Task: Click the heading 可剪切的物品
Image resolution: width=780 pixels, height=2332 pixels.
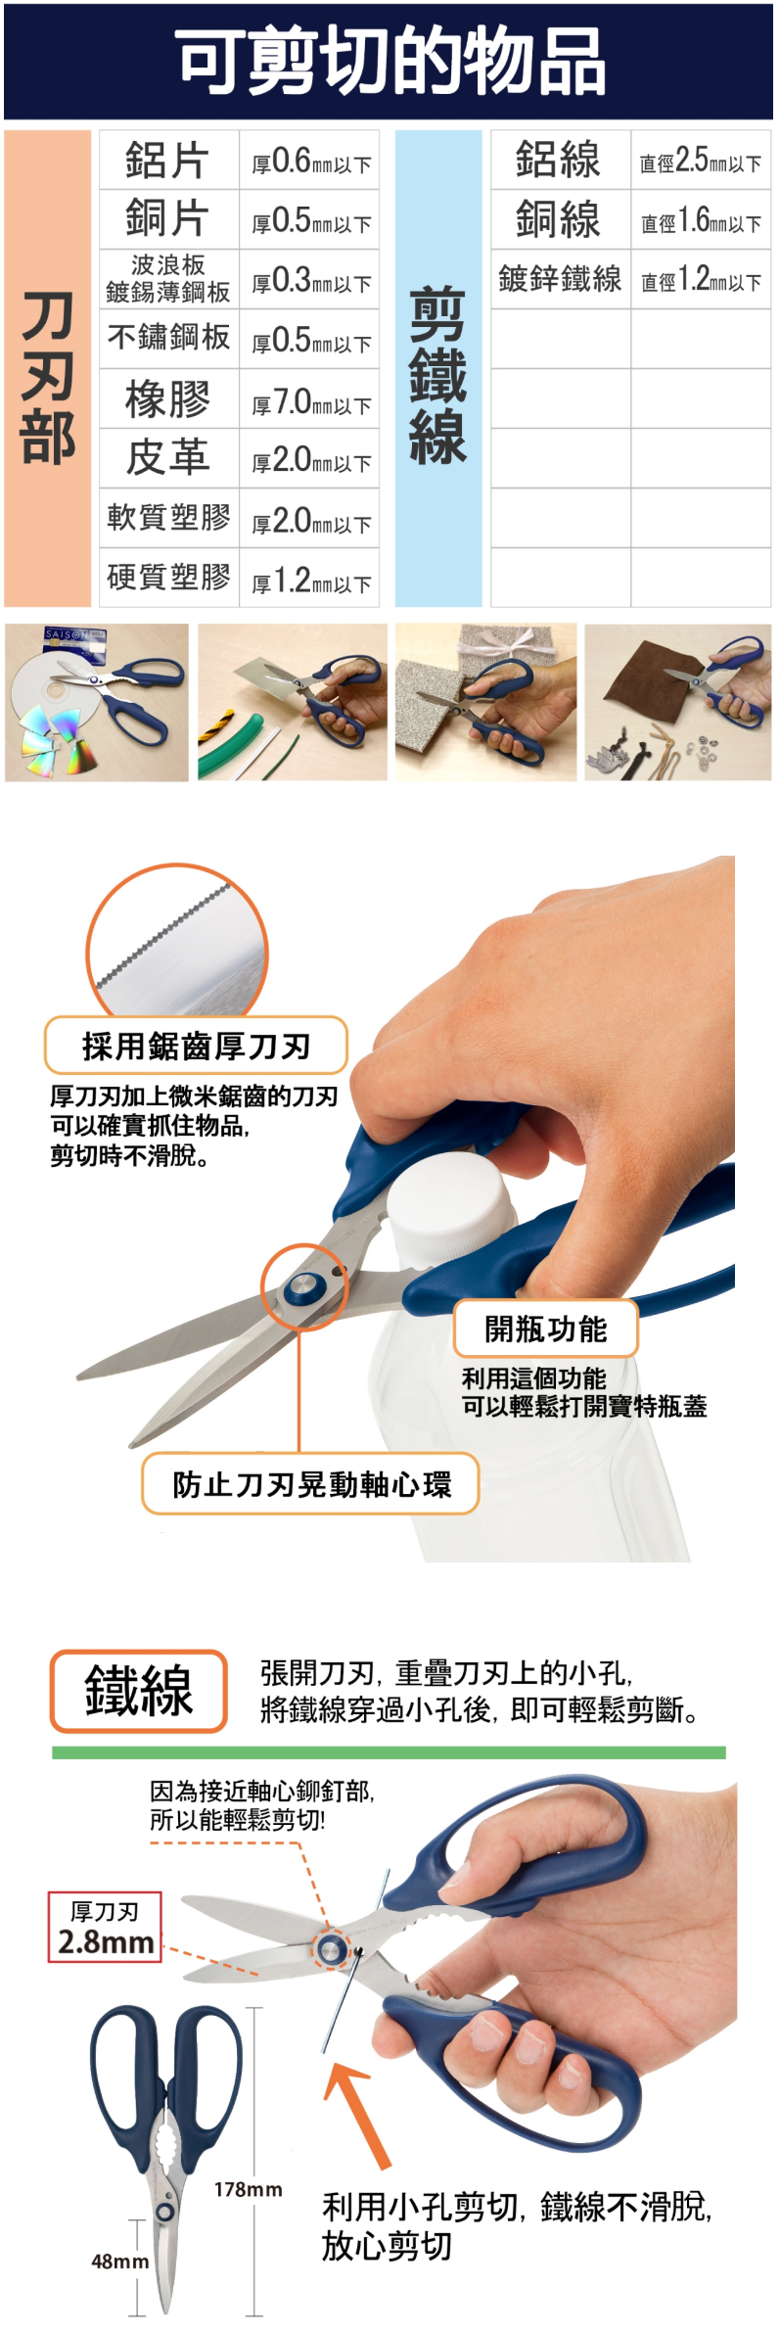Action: coord(390,61)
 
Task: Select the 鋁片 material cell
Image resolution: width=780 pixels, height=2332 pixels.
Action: coord(168,160)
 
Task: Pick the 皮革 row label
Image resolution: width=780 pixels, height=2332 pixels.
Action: coord(168,458)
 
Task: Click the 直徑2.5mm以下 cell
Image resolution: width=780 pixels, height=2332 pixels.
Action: coord(701,160)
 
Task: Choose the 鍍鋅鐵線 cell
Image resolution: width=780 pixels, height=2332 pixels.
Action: coord(560,280)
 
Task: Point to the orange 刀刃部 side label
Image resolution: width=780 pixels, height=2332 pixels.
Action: coord(48,368)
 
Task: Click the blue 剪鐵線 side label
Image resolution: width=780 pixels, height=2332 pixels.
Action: coord(437,368)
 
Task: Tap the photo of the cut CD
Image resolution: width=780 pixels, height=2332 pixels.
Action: coord(97,702)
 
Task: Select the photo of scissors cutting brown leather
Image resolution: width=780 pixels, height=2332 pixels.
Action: coord(677,702)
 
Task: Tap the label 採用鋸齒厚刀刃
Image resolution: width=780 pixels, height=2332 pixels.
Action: coord(196,1046)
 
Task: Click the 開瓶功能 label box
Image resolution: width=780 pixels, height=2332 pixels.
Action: coord(546,1329)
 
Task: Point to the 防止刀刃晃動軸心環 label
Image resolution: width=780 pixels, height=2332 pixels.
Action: coord(311,1484)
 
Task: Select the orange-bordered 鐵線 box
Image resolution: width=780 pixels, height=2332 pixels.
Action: coord(139,1691)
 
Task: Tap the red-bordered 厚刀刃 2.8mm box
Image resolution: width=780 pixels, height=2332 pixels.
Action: coord(105,1927)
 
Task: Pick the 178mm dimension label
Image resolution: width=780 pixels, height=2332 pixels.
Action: coord(249,2189)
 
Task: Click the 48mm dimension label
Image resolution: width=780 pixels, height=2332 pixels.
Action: coord(120,2262)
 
